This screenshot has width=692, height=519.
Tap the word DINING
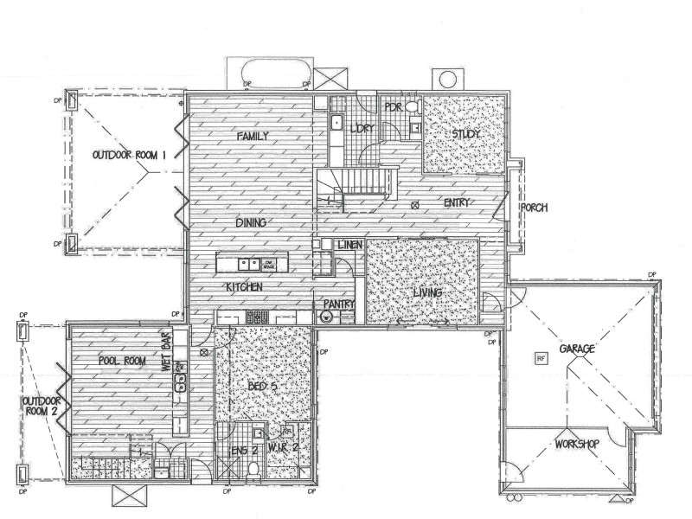point(250,222)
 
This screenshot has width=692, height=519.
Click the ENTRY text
point(457,203)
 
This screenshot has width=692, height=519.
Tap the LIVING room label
point(427,293)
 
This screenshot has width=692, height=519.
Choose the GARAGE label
point(576,349)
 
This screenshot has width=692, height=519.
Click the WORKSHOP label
point(577,444)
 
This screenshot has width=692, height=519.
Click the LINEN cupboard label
point(350,245)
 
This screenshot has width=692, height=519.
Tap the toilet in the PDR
point(413,107)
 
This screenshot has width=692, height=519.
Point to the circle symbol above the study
point(448,79)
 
